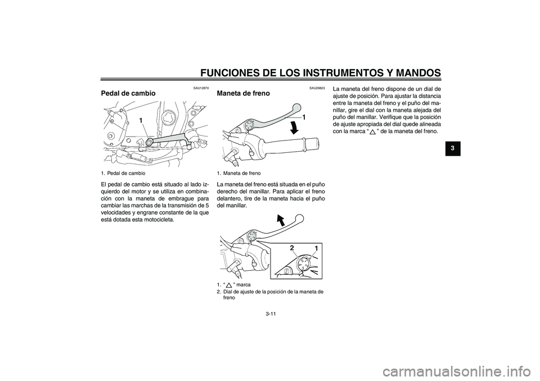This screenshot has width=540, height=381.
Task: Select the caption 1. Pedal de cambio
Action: [127, 174]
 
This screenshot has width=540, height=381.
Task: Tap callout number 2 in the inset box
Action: [292, 248]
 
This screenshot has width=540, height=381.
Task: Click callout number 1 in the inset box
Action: [316, 249]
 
